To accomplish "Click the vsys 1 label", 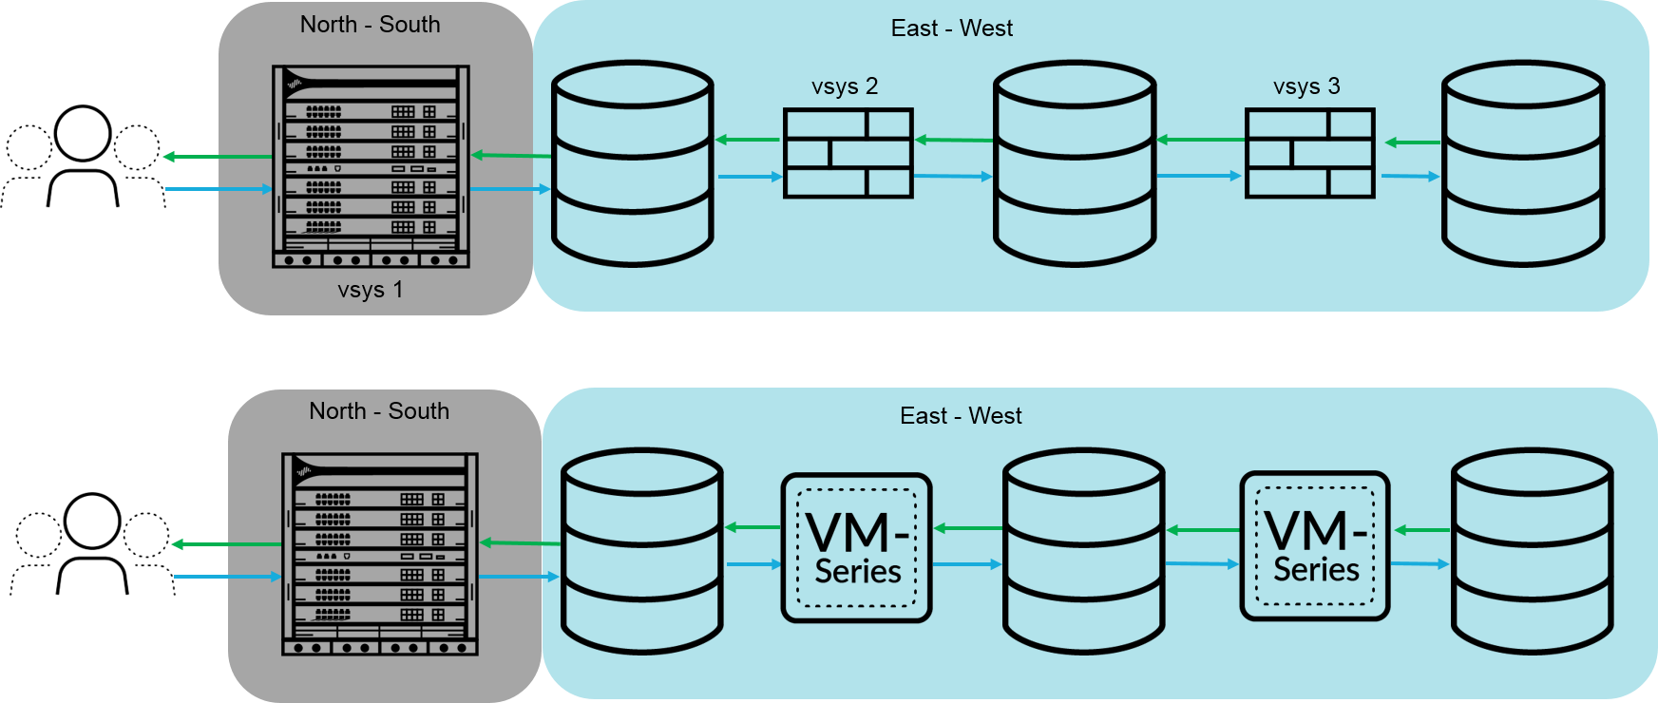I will coord(371,290).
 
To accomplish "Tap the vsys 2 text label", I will coord(845,86).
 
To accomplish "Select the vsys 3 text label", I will coord(1306,86).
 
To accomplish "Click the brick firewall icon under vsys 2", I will coord(848,153).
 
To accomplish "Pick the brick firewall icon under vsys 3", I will coord(1309,153).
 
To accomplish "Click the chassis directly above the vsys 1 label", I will coord(371,166).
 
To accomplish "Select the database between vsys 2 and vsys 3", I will coord(1075,163).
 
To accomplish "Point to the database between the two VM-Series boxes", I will coord(1083,551).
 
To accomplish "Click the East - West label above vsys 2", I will coord(952,28).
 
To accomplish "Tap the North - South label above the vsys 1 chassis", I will coord(371,25).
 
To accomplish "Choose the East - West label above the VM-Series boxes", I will coord(961,416).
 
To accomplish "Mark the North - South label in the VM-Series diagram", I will coord(379,411).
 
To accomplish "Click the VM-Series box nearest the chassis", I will coord(856,548).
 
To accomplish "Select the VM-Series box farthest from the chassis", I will coord(1315,546).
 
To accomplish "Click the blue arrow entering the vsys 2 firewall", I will coord(750,177).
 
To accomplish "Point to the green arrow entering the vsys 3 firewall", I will coord(1413,142).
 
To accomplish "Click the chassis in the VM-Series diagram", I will coord(380,554).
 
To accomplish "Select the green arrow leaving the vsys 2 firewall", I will coord(748,140).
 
